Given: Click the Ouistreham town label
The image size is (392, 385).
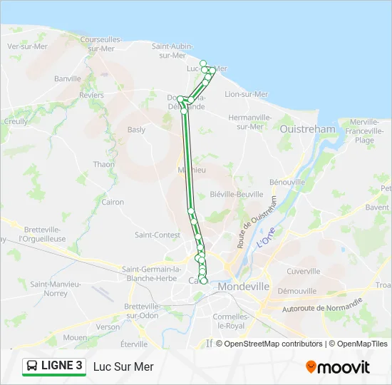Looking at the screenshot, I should pos(307,129).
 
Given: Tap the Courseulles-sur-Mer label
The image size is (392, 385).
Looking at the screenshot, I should pos(100,44).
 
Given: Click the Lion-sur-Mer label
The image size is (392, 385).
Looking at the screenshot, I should pos(246,94).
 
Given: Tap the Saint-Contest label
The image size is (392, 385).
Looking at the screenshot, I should pos(158,235).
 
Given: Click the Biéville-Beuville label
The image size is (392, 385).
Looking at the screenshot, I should pos(237,194).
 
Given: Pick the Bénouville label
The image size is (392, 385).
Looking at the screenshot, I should pos(287,183).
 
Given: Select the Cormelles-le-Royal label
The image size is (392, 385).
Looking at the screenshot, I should pos(229,321).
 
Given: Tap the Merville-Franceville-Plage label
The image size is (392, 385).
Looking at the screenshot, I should pos(364,131).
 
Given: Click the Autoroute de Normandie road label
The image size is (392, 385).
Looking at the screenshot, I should pos(323,307).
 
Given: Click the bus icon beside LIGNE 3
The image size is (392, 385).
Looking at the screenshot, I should pos(32,366).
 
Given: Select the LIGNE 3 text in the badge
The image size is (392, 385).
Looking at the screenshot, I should pos(62,366).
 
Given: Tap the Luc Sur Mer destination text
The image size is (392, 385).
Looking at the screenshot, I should pos(123,366).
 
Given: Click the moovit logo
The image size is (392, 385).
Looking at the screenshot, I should pos(338,366).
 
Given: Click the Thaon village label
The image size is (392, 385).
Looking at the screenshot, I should pos(103,164).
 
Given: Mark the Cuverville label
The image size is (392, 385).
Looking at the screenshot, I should pos(304,271).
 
